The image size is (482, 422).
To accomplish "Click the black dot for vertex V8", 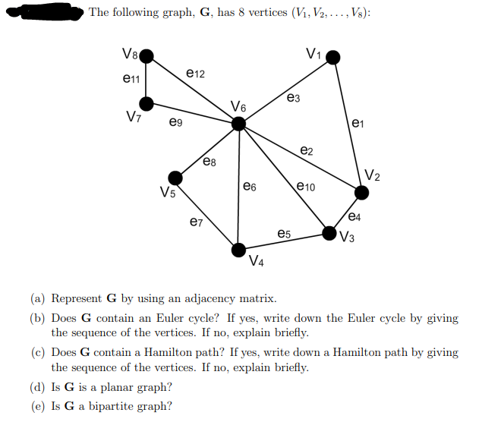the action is (x=146, y=56).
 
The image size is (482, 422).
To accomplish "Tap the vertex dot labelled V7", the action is (x=146, y=103).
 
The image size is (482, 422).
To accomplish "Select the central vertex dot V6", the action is (x=238, y=124).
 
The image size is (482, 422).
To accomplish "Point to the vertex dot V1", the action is (x=332, y=58).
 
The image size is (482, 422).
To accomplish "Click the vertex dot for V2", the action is (x=362, y=193).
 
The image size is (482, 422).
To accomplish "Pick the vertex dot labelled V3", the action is (x=331, y=233).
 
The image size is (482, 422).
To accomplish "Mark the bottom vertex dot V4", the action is (x=238, y=249).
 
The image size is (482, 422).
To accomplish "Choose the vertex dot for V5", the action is (x=175, y=178).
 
